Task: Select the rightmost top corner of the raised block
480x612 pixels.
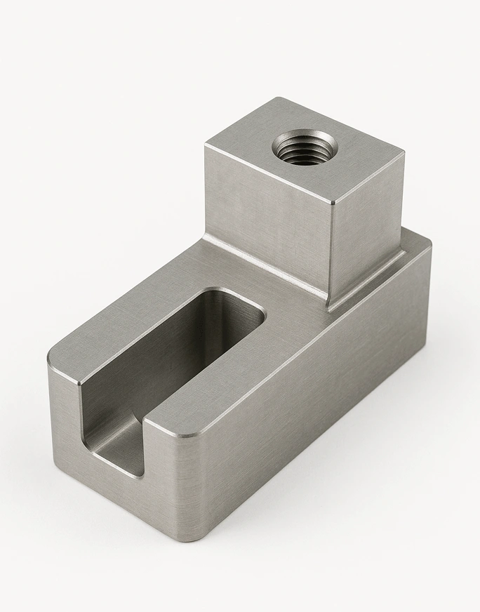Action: (x=404, y=152)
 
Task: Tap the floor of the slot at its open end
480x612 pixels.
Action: (x=119, y=449)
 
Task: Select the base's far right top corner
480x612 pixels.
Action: (x=427, y=240)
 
